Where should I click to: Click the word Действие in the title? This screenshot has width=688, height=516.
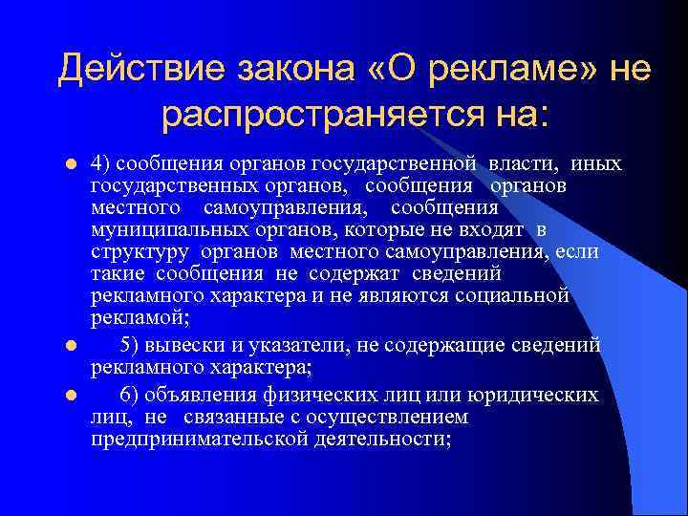pyautogui.click(x=136, y=68)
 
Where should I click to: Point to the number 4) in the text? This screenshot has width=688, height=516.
pyautogui.click(x=100, y=163)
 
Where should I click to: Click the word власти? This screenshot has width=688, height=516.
pyautogui.click(x=542, y=163)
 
